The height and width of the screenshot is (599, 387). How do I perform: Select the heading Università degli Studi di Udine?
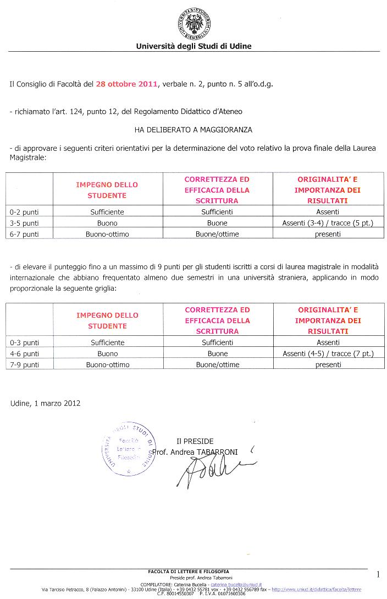(193, 46)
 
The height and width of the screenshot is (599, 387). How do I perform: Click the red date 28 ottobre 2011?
(126, 84)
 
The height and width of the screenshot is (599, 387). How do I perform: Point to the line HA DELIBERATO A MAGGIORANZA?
(193, 130)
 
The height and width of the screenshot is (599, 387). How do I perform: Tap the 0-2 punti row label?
(24, 212)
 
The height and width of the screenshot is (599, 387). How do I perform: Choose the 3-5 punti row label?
(24, 223)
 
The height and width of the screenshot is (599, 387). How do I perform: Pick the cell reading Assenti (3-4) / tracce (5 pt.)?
(328, 223)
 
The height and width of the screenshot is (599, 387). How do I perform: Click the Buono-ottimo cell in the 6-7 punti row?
(107, 234)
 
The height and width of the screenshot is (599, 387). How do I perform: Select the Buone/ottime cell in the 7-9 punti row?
(218, 364)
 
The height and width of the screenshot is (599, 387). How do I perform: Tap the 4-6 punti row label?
(24, 353)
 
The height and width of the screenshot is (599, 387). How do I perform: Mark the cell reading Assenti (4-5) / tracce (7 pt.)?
(328, 353)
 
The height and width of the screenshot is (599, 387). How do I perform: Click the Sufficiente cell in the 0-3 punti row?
(108, 342)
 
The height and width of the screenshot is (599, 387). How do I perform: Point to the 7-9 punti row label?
(24, 364)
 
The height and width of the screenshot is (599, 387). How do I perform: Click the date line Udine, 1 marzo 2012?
(45, 403)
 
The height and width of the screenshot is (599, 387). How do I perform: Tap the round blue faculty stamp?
(128, 449)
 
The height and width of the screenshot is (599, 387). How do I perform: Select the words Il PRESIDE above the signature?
(195, 441)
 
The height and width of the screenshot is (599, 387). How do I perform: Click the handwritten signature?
(212, 471)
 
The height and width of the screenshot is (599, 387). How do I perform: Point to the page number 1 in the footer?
(378, 575)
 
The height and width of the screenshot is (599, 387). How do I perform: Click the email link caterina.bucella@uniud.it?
(236, 584)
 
